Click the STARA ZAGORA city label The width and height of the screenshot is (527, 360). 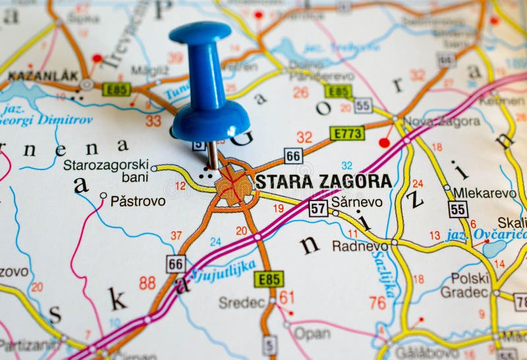[323, 181]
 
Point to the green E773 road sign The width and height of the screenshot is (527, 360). [347, 133]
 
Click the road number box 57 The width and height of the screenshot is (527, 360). [318, 208]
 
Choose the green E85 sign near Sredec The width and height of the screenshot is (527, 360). [269, 279]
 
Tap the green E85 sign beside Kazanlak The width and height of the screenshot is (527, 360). [116, 89]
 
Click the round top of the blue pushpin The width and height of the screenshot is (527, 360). [200, 33]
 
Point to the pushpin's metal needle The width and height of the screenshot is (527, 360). [212, 155]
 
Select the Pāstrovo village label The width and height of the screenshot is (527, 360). [138, 200]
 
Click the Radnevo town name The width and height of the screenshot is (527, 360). [360, 246]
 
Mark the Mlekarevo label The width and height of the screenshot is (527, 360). [484, 193]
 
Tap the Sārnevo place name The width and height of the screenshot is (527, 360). [356, 202]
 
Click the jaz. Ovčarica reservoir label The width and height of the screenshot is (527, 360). [486, 234]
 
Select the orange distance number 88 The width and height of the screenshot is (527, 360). [147, 283]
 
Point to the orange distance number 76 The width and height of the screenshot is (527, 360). [377, 303]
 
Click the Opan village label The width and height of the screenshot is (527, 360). [312, 334]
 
